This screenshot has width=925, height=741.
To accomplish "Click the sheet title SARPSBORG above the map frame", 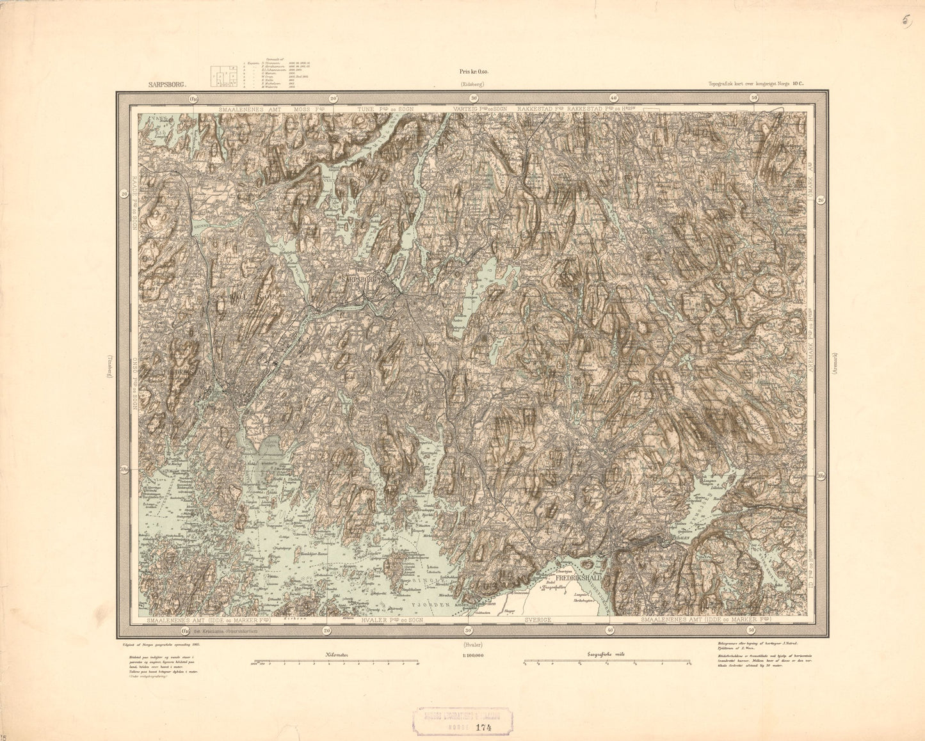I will click(x=165, y=83).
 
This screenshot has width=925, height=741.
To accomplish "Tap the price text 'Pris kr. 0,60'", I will click(x=474, y=73).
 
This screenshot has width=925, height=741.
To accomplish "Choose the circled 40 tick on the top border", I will click(x=613, y=98).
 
